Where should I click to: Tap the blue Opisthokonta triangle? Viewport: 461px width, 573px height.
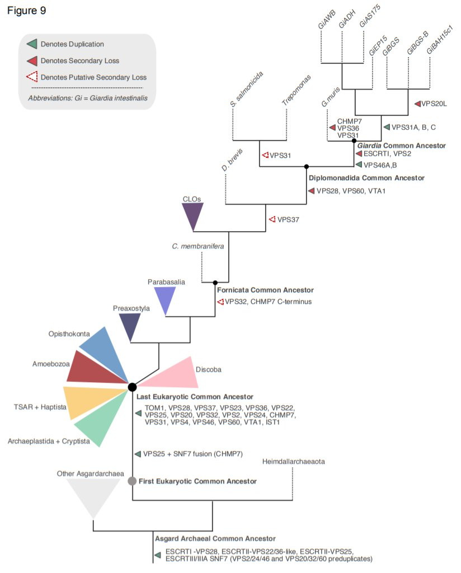(x=106, y=351)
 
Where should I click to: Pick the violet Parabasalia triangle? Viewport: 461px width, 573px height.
(x=165, y=298)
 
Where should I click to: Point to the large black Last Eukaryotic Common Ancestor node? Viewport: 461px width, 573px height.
(x=132, y=387)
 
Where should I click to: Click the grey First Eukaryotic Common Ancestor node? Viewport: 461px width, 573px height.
(x=132, y=481)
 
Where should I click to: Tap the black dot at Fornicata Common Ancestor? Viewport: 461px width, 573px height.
(x=215, y=283)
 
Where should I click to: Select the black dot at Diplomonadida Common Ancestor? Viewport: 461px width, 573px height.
(x=307, y=167)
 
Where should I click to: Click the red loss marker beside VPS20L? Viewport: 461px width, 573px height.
(x=417, y=104)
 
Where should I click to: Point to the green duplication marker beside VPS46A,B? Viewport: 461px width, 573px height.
(x=359, y=165)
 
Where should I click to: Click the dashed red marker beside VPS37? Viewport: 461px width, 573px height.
(x=272, y=219)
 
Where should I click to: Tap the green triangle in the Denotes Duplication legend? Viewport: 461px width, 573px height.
(x=32, y=44)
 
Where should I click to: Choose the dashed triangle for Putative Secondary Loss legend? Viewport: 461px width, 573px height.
(x=32, y=77)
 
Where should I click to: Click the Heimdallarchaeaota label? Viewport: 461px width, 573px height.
(x=293, y=462)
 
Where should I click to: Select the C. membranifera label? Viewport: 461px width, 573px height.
(x=198, y=246)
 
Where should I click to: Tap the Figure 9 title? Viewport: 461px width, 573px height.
(x=27, y=11)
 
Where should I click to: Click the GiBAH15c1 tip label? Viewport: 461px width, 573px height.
(x=439, y=40)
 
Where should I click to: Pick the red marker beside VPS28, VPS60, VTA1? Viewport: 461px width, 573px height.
(x=311, y=191)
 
